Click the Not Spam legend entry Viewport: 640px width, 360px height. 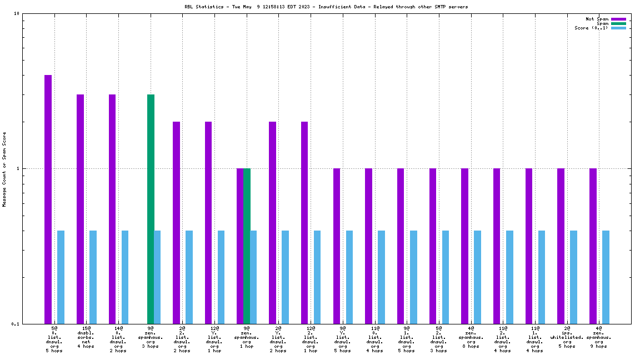(597, 19)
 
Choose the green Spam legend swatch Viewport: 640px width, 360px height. (618, 23)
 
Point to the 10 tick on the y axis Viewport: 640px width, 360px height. (17, 14)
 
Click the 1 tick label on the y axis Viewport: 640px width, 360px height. (18, 168)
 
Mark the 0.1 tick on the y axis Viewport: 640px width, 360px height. (16, 324)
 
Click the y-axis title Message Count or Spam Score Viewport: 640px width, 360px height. (4, 169)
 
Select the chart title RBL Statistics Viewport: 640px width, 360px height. (326, 7)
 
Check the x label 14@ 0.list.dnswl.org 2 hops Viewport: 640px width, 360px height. (118, 339)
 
